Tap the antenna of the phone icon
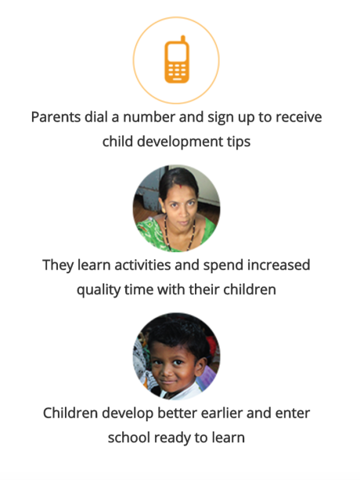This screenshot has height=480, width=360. (x=183, y=39)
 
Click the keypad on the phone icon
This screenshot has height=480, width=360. (x=177, y=71)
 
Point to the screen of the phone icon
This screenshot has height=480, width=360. (x=177, y=53)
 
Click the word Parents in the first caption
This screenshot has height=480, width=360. (x=56, y=117)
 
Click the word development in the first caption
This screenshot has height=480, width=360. (x=180, y=142)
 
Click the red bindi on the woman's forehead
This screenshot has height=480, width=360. (x=180, y=186)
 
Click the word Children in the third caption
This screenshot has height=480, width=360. (x=70, y=413)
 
